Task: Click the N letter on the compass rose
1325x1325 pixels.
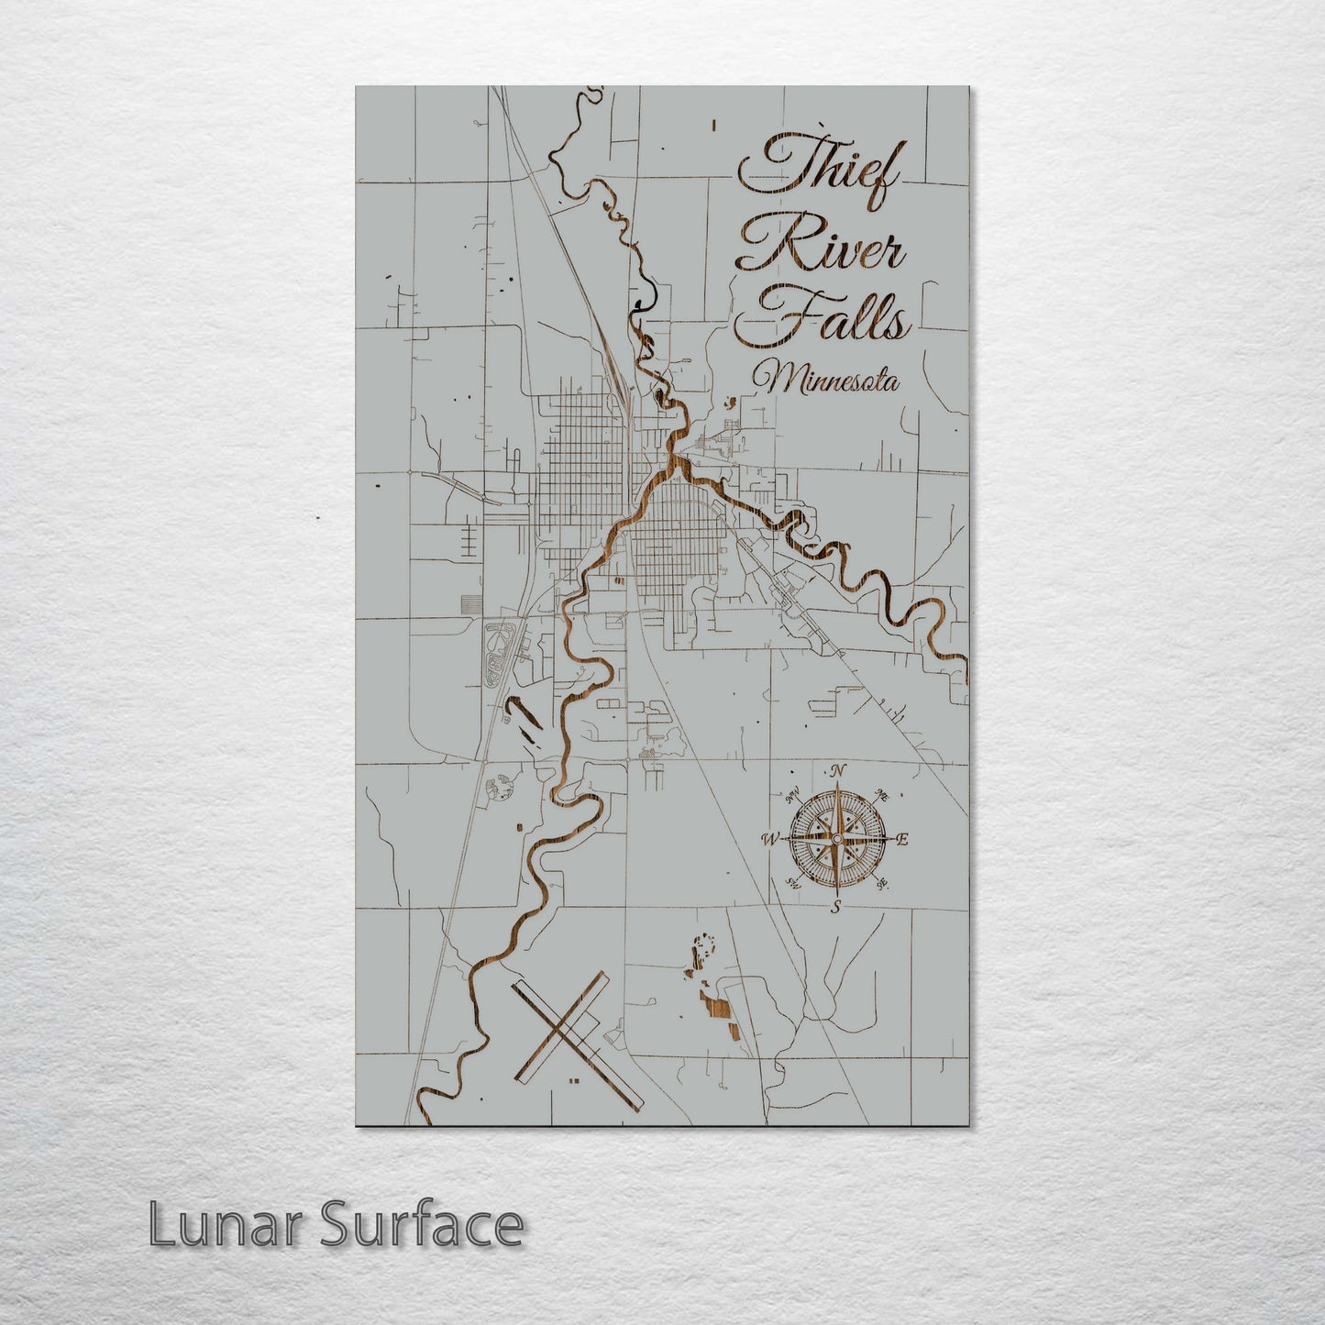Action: coord(839,771)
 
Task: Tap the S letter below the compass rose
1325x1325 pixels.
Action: coord(835,907)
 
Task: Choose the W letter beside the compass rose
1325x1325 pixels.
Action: coord(771,839)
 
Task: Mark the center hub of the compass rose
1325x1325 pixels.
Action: coord(836,838)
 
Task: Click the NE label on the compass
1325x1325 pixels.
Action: coord(883,794)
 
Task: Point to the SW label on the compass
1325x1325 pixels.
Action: coord(792,884)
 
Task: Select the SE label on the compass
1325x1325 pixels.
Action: coord(882,884)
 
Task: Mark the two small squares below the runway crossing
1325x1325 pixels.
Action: coord(574,1082)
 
